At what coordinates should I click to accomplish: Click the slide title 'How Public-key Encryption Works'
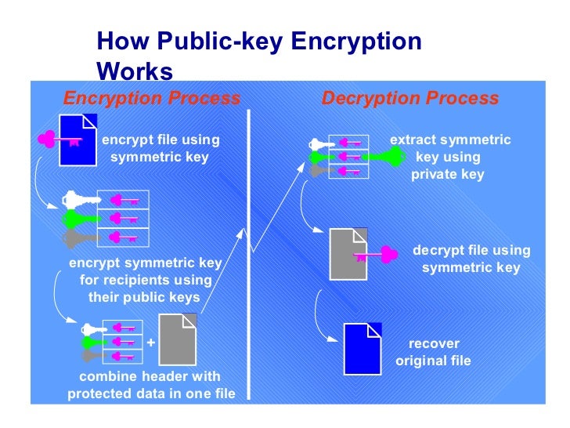(x=258, y=56)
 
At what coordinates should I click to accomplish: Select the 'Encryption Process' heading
(x=152, y=99)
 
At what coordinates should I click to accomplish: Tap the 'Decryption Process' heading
(x=410, y=99)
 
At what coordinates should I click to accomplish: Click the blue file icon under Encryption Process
(x=79, y=140)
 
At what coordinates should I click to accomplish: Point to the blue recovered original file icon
(x=363, y=348)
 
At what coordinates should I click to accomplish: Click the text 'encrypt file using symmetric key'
(x=161, y=148)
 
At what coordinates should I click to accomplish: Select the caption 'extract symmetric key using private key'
(x=449, y=157)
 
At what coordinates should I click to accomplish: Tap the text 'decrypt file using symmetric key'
(x=471, y=259)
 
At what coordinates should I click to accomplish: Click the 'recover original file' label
(x=433, y=352)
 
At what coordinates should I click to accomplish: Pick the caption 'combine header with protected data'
(x=151, y=385)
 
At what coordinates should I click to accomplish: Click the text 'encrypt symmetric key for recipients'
(x=146, y=280)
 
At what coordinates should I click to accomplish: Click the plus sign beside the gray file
(x=150, y=343)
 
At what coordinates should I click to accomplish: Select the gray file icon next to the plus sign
(x=178, y=339)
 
